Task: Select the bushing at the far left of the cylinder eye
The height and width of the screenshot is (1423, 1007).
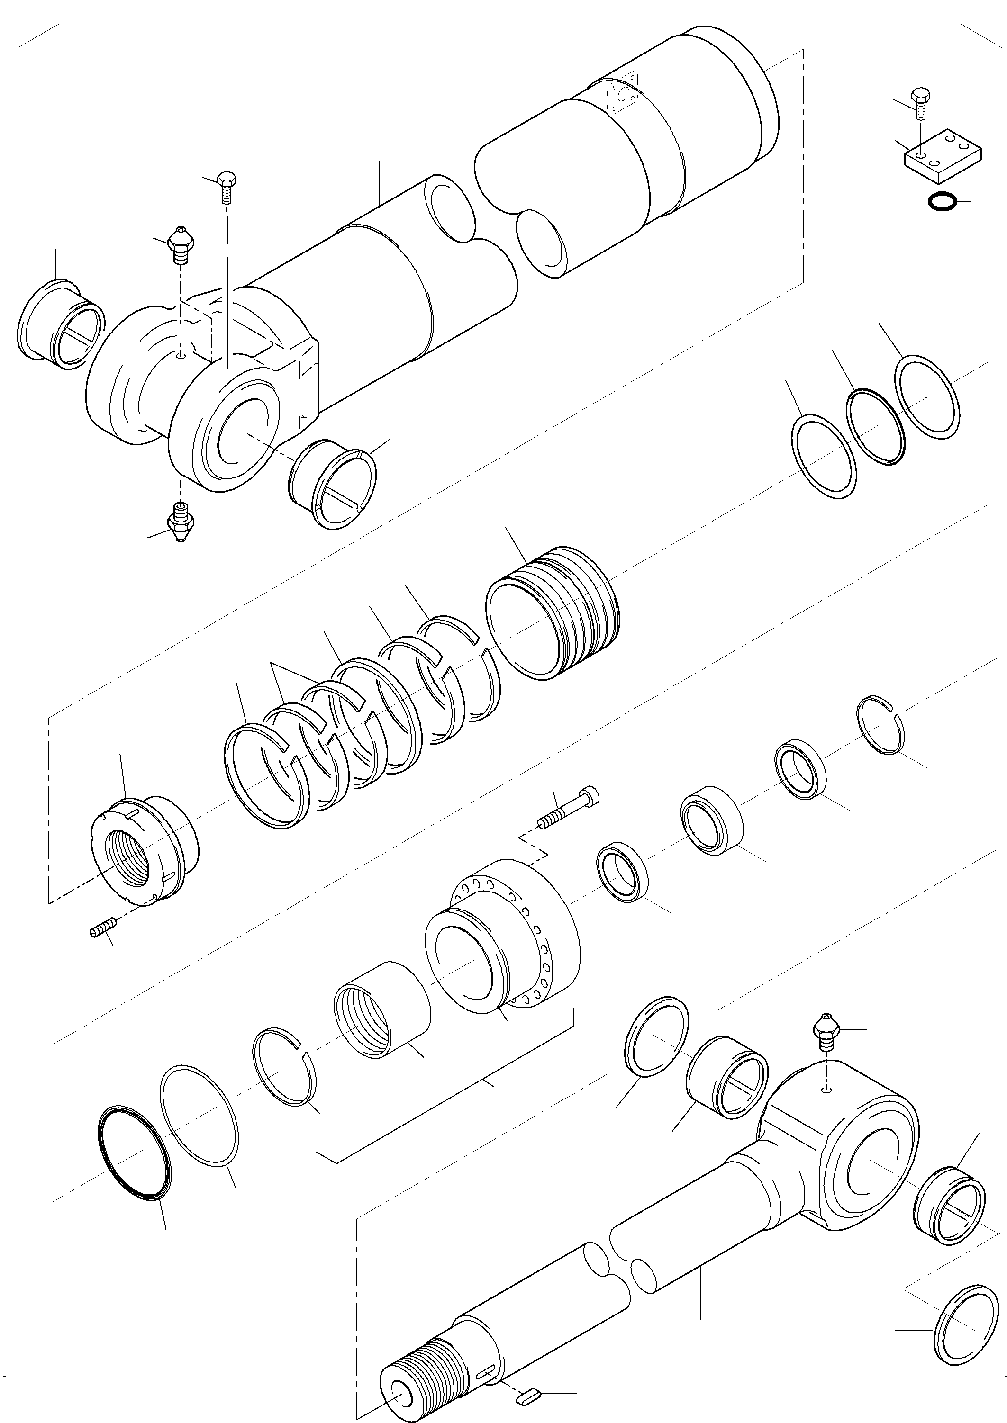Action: pyautogui.click(x=60, y=323)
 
